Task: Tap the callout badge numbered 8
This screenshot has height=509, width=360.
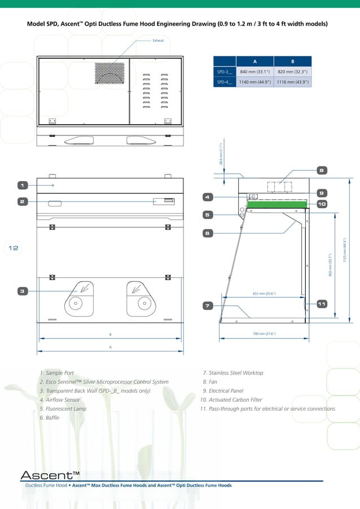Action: point(321,170)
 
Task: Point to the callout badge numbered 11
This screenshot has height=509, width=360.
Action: point(321,304)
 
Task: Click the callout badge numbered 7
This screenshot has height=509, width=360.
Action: point(208,305)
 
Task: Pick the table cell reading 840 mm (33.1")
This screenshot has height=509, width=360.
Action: point(254,72)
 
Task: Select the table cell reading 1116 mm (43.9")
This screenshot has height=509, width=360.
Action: point(292,82)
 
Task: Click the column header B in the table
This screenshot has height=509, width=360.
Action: point(292,61)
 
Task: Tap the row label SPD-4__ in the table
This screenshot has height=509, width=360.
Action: point(225,82)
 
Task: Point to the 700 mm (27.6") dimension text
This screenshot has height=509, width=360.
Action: point(264,334)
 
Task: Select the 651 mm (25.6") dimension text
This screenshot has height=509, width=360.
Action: point(264,293)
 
